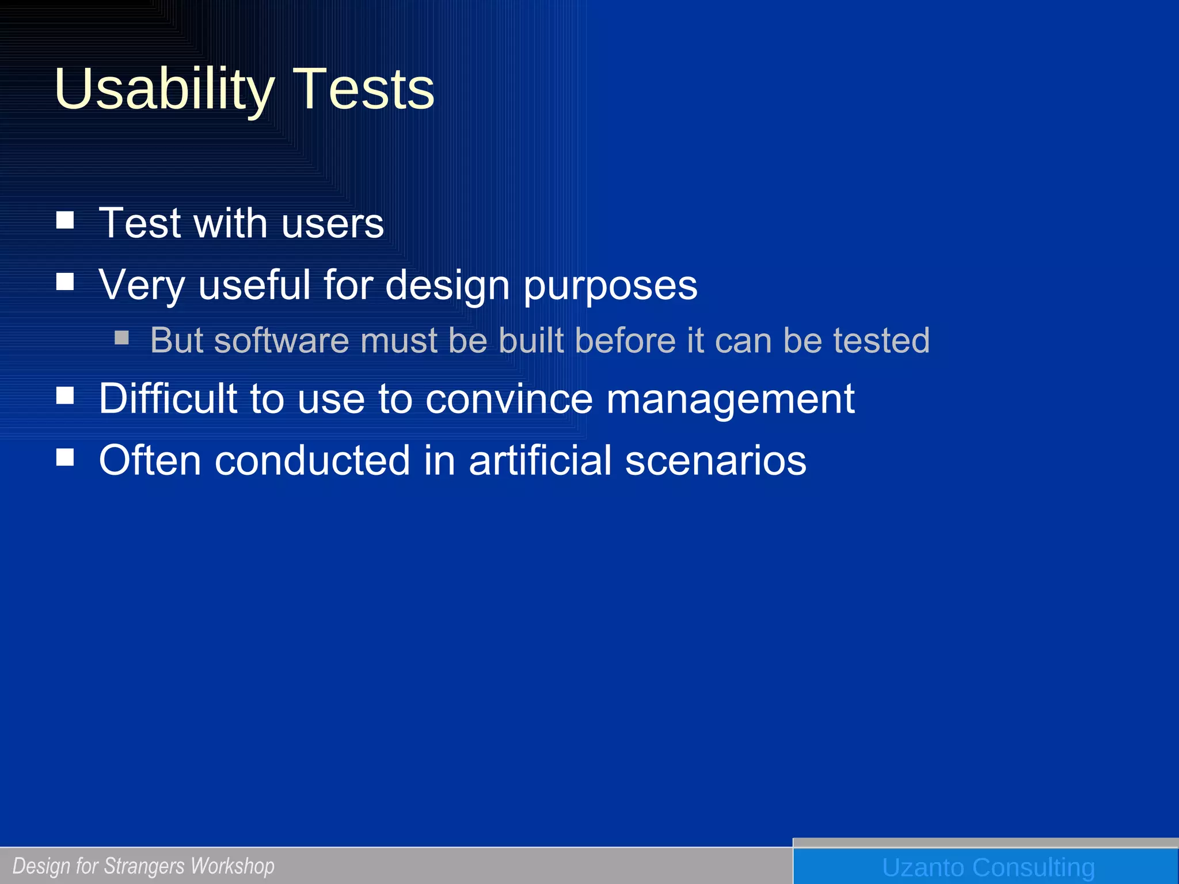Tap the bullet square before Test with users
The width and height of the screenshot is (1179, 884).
pyautogui.click(x=65, y=220)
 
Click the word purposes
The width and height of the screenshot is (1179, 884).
pyautogui.click(x=610, y=286)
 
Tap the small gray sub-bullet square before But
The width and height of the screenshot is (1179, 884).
pyautogui.click(x=121, y=337)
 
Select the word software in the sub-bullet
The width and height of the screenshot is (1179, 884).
pyautogui.click(x=282, y=340)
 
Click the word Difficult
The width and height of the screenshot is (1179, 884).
pyautogui.click(x=168, y=398)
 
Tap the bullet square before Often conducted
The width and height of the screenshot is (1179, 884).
pyautogui.click(x=65, y=457)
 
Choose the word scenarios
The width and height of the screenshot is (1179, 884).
pyautogui.click(x=716, y=460)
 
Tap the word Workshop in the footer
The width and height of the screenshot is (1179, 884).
pyautogui.click(x=233, y=866)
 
